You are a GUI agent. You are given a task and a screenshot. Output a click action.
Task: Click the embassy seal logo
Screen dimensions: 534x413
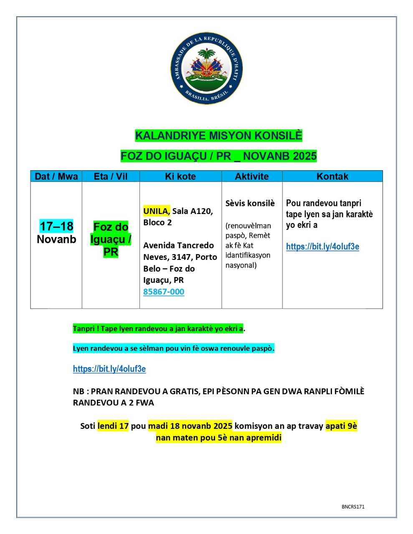click(x=206, y=68)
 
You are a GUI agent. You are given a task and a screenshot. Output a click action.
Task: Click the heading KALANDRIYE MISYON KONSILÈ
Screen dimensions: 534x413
click(x=218, y=136)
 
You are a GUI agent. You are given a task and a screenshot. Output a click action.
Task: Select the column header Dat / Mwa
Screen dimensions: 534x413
click(x=56, y=176)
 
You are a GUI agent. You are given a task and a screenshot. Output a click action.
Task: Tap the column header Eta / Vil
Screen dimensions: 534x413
click(x=111, y=176)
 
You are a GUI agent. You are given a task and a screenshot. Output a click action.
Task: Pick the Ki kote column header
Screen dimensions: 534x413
click(x=180, y=176)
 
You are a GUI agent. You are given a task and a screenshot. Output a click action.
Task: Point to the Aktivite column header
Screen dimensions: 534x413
click(x=252, y=176)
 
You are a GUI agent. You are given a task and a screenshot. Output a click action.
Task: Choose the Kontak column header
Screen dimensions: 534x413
click(x=332, y=176)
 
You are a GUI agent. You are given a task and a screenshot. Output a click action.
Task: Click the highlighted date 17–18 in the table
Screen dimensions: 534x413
click(x=56, y=226)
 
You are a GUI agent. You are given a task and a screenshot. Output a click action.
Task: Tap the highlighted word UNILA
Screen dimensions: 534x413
click(x=156, y=211)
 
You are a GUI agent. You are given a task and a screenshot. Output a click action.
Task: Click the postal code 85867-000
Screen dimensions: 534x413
click(x=164, y=292)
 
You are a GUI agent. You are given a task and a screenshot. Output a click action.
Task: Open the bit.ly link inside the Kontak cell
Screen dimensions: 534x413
click(x=322, y=247)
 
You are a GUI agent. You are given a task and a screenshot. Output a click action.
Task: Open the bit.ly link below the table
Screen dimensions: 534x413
click(x=109, y=369)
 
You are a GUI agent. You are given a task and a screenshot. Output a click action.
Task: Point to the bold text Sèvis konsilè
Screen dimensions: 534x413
click(x=250, y=203)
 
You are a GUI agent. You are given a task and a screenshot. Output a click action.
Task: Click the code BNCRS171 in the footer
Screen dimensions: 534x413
click(x=353, y=507)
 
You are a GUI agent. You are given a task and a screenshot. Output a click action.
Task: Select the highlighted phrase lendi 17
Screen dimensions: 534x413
click(x=113, y=426)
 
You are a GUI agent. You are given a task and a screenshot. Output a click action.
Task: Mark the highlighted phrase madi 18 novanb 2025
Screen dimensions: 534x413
click(x=190, y=426)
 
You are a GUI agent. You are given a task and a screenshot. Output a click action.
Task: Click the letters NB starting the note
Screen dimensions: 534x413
click(x=78, y=391)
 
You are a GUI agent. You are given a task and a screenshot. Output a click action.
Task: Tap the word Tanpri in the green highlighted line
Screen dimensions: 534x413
click(x=84, y=329)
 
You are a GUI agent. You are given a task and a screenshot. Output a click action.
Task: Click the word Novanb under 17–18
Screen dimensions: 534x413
click(x=56, y=239)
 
